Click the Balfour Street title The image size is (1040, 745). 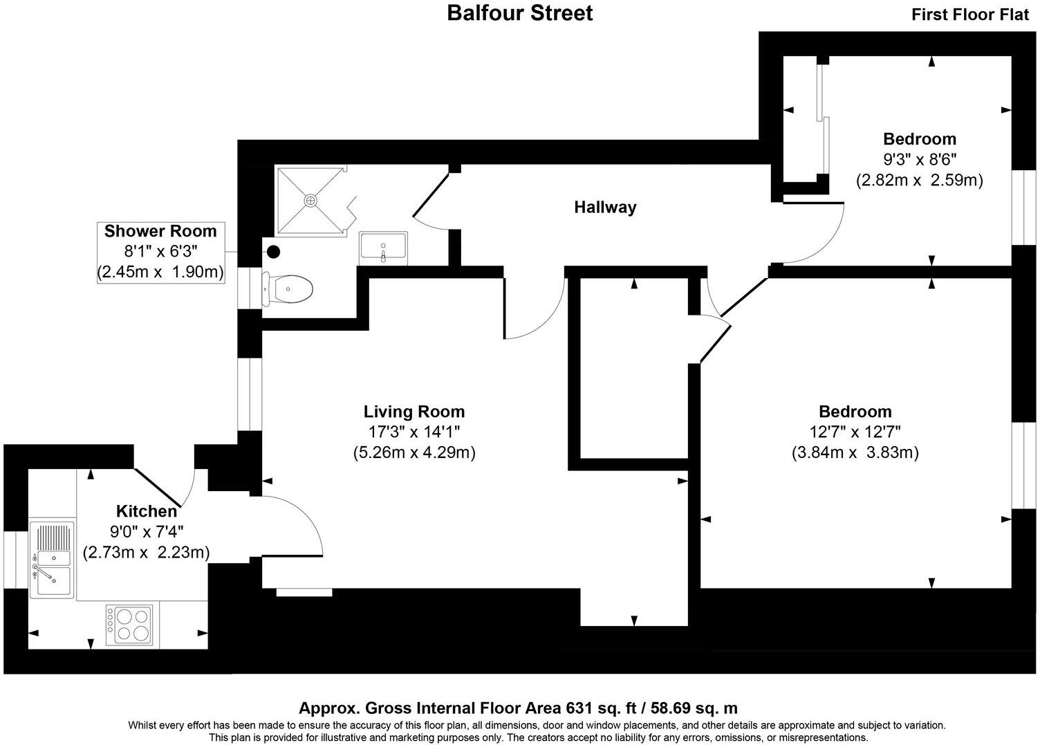pos(519,13)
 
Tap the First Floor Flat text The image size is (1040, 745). pos(969,15)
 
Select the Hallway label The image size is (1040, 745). pos(605,207)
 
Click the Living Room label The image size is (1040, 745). pos(414,412)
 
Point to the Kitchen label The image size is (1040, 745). pos(146,511)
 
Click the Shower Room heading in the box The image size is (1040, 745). pos(160,231)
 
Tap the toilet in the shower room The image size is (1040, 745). pos(287,288)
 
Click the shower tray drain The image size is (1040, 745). pos(311,200)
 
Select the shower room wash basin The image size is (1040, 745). pos(383,248)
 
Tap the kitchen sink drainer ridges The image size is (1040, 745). pos(53,537)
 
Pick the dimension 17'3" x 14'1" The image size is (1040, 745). pos(414,432)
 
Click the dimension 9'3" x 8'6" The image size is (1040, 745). pos(919,160)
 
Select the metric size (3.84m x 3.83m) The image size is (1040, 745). pos(855,453)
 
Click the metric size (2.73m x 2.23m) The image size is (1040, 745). pos(146,553)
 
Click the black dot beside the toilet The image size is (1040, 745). pos(273,252)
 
